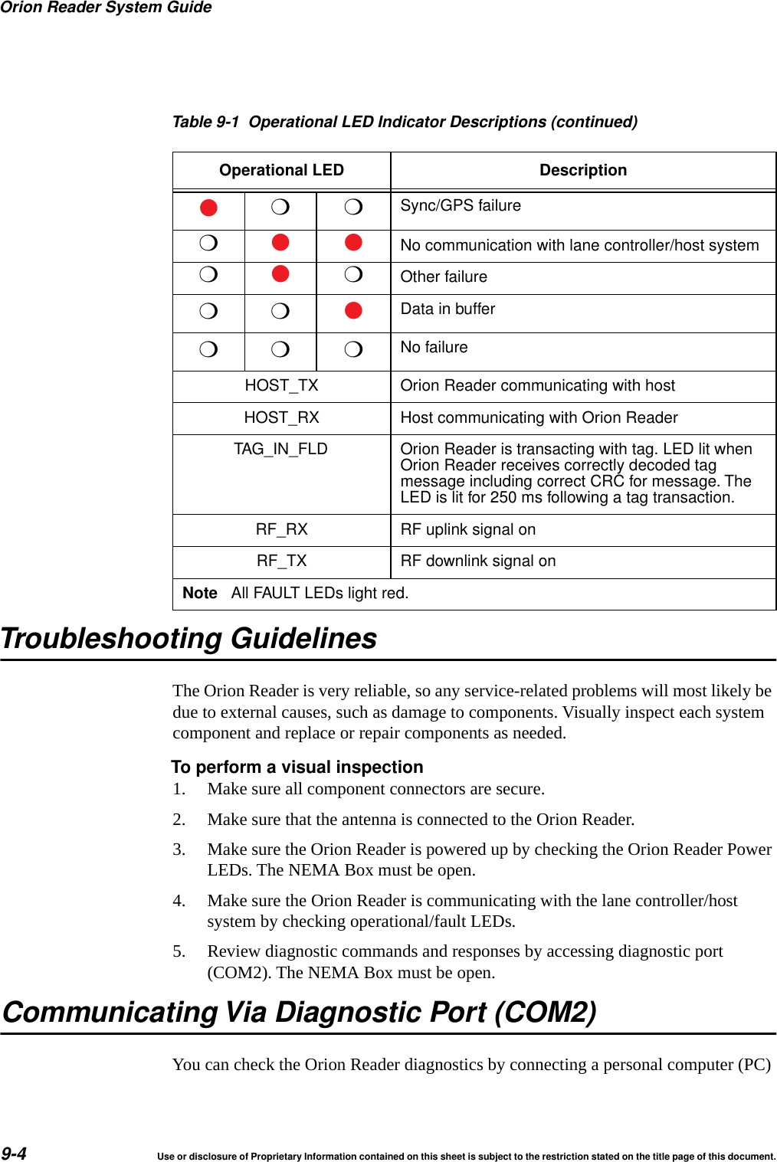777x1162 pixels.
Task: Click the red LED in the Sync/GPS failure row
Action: point(208,208)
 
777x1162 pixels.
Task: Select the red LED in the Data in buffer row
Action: point(353,310)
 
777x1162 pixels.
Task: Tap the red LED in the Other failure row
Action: point(280,274)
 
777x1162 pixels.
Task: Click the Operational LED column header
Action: point(281,170)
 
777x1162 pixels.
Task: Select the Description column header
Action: point(582,170)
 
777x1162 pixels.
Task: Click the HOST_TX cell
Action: point(281,385)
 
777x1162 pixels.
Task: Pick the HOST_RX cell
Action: point(281,417)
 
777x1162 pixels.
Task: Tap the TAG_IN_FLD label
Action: point(280,449)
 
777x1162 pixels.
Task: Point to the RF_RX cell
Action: point(281,529)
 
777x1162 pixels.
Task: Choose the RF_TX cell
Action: point(281,561)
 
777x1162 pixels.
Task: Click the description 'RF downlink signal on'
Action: point(477,561)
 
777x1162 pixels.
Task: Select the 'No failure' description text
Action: point(434,347)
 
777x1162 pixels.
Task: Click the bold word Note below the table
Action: point(200,593)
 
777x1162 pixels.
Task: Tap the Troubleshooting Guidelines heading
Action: point(189,638)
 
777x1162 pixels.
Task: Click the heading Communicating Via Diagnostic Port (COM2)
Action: point(300,1012)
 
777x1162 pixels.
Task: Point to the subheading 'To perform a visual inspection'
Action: point(297,767)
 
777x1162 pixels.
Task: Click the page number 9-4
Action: point(14,1154)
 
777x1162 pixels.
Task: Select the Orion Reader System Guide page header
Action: point(106,8)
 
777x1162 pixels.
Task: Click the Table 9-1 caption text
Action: point(405,122)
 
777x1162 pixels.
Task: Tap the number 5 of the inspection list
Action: point(179,951)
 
